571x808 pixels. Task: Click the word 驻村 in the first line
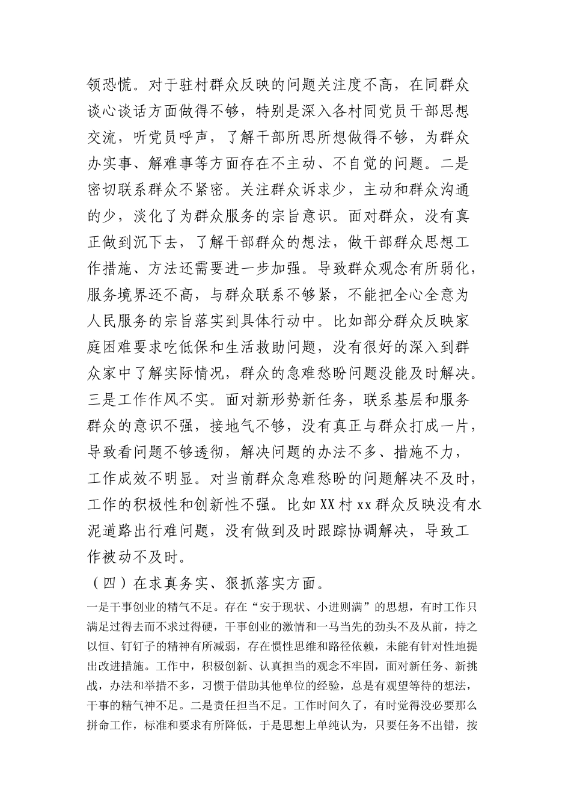186,85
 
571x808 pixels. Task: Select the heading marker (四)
109,583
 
